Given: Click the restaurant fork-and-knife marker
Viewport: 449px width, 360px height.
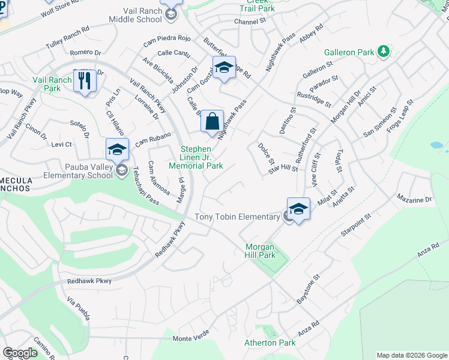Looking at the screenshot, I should (x=85, y=81).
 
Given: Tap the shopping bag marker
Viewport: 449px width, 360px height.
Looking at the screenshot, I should (x=212, y=122).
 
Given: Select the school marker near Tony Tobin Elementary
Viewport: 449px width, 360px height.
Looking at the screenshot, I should (x=298, y=209).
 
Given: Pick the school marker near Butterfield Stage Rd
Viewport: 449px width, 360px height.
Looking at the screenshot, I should (x=224, y=68).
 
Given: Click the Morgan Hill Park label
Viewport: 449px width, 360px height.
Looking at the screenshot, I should (x=260, y=251).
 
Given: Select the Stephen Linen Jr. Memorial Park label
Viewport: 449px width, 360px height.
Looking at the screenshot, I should (x=196, y=157).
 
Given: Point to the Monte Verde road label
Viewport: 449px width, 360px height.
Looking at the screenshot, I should (x=191, y=338).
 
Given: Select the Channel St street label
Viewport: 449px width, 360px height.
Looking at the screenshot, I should (x=250, y=21).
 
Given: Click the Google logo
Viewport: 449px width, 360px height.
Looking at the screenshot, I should (x=20, y=352).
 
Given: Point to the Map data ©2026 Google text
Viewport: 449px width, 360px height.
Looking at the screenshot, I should (x=411, y=355).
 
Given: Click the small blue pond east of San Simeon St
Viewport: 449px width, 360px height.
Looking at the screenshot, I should (x=438, y=145).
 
